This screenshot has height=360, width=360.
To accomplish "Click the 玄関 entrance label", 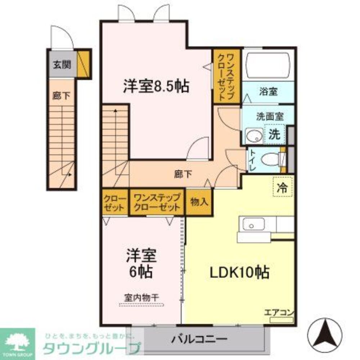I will (x=62, y=65).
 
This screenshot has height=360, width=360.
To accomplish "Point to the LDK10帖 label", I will (x=239, y=273).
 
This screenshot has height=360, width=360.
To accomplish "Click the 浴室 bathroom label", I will (x=268, y=91).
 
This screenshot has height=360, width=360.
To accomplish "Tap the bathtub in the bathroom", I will (x=268, y=66).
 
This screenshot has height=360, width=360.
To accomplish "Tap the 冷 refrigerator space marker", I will (x=283, y=188).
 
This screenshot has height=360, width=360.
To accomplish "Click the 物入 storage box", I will (x=199, y=202).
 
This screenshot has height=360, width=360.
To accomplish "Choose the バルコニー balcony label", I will (x=199, y=339).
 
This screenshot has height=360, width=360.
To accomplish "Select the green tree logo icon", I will (x=17, y=341).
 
